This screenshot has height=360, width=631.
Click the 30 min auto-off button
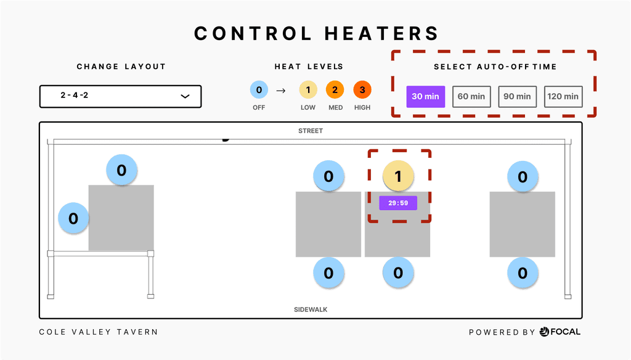pyautogui.click(x=425, y=96)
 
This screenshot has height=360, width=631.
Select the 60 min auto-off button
pyautogui.click(x=471, y=96)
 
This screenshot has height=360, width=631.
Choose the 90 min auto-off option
pyautogui.click(x=517, y=96)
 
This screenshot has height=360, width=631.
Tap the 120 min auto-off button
pyautogui.click(x=563, y=96)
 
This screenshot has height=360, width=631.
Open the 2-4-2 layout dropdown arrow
pyautogui.click(x=184, y=96)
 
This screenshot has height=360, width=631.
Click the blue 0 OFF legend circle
pyautogui.click(x=259, y=91)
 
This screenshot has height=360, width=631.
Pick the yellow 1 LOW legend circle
pyautogui.click(x=308, y=91)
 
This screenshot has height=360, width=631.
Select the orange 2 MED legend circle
pyautogui.click(x=335, y=91)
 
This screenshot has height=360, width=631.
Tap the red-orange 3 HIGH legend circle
pyautogui.click(x=362, y=91)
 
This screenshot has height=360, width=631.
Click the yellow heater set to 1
pyautogui.click(x=398, y=177)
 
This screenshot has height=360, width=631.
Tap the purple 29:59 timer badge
pyautogui.click(x=398, y=203)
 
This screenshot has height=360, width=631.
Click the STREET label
pyautogui.click(x=311, y=131)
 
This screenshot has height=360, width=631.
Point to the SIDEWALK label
pyautogui.click(x=311, y=309)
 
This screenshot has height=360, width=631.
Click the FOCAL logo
pyautogui.click(x=560, y=332)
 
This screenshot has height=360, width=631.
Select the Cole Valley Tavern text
pyautogui.click(x=99, y=332)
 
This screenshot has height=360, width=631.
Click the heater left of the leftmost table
pyautogui.click(x=73, y=218)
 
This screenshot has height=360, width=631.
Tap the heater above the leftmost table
pyautogui.click(x=121, y=170)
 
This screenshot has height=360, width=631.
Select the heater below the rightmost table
pyautogui.click(x=523, y=272)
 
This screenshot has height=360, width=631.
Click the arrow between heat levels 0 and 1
pyautogui.click(x=281, y=91)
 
